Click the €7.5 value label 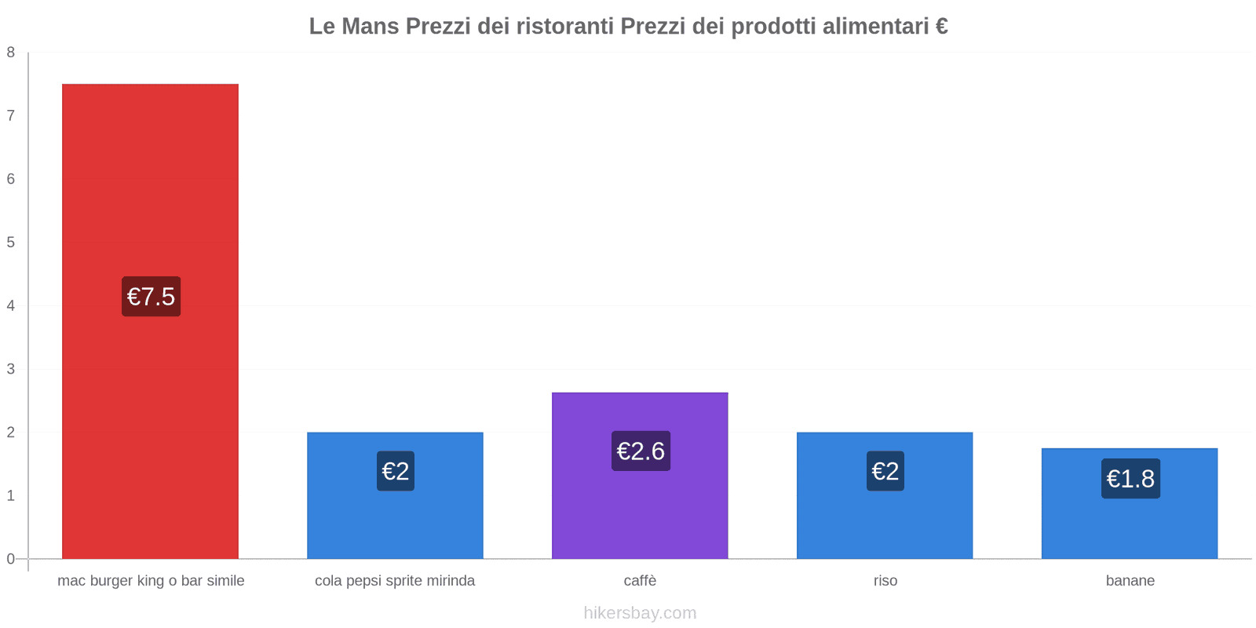click(151, 297)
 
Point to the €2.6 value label click(641, 451)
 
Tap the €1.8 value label click(1130, 479)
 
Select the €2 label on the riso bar click(885, 471)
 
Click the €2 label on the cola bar click(395, 471)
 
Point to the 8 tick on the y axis click(11, 53)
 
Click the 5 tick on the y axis click(11, 243)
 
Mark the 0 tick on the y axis click(11, 559)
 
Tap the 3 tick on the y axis click(11, 369)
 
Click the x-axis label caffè click(640, 581)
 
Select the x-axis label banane click(1130, 581)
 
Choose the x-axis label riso click(885, 581)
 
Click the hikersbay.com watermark click(640, 613)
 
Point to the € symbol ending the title click(941, 27)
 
